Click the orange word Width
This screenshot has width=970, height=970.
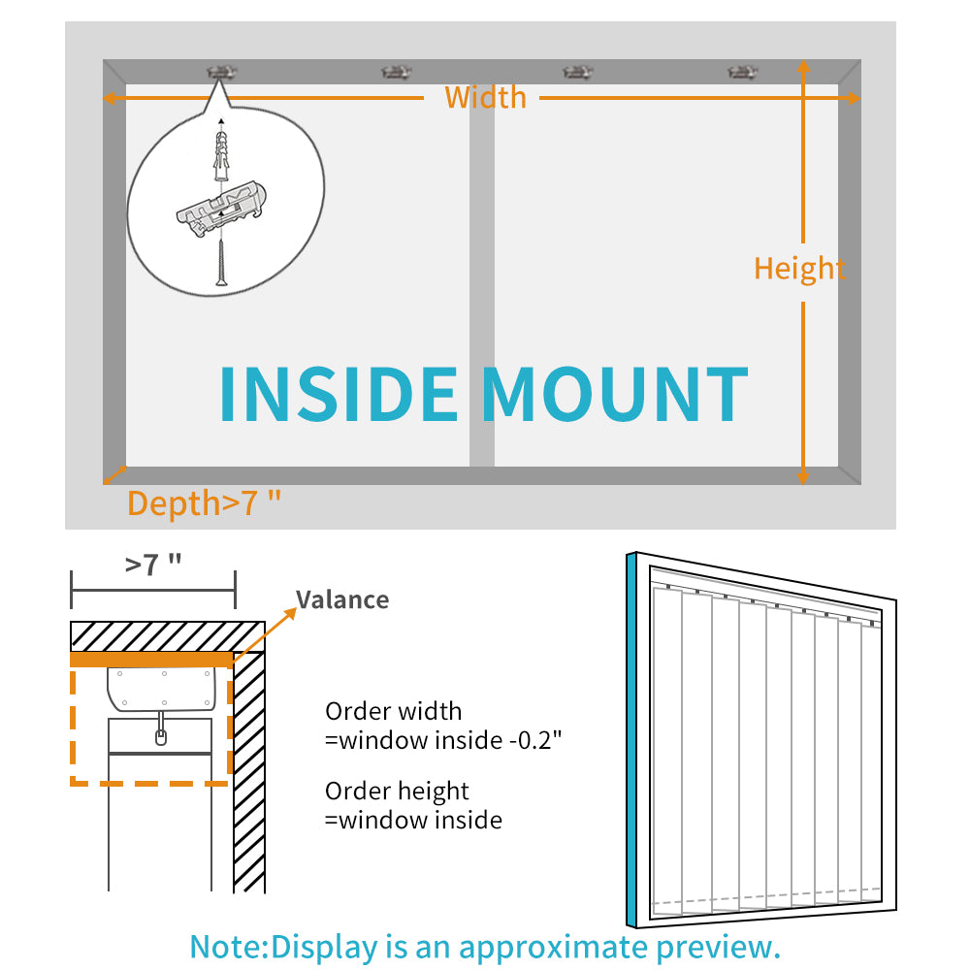486,97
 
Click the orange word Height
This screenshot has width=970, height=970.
799,269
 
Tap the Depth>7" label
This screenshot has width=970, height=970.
204,502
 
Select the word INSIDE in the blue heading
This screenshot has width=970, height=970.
339,394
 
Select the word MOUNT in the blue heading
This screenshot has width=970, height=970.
616,394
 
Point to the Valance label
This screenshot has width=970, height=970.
342,599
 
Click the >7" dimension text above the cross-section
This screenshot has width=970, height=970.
153,565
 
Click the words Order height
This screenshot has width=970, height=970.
397,792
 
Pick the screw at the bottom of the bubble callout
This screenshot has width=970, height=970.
221,264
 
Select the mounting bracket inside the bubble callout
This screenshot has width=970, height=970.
221,208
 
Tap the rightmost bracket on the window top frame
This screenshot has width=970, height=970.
742,73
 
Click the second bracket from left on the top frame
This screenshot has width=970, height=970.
396,73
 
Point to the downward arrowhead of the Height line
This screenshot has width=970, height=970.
803,477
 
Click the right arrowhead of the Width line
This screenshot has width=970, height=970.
853,98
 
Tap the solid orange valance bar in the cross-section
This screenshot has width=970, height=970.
151,660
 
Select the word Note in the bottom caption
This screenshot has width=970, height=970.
228,947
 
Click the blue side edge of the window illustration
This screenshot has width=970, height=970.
631,740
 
